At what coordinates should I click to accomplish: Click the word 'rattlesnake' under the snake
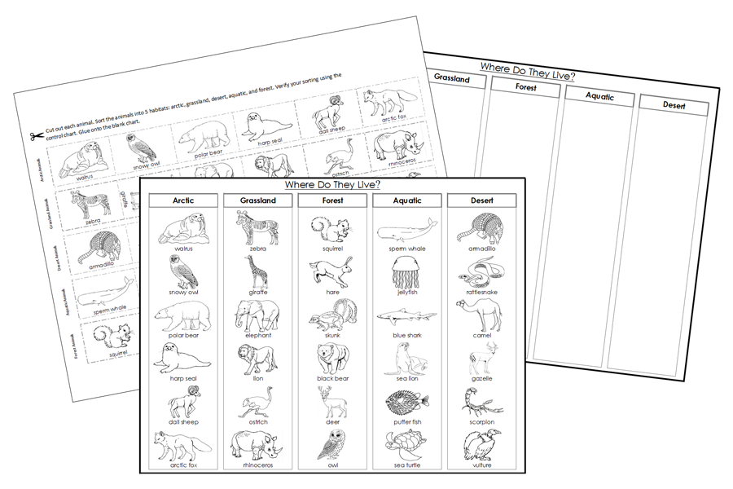pyautogui.click(x=482, y=291)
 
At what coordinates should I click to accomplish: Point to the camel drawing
pyautogui.click(x=482, y=314)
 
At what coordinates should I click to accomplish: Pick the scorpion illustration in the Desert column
pyautogui.click(x=481, y=402)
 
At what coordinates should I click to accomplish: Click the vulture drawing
pyautogui.click(x=481, y=445)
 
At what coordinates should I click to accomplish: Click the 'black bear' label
pyautogui.click(x=331, y=378)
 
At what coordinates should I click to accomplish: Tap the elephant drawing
pyautogui.click(x=256, y=314)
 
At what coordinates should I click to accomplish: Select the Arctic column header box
pyautogui.click(x=182, y=200)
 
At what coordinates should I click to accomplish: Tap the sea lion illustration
pyautogui.click(x=405, y=358)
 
